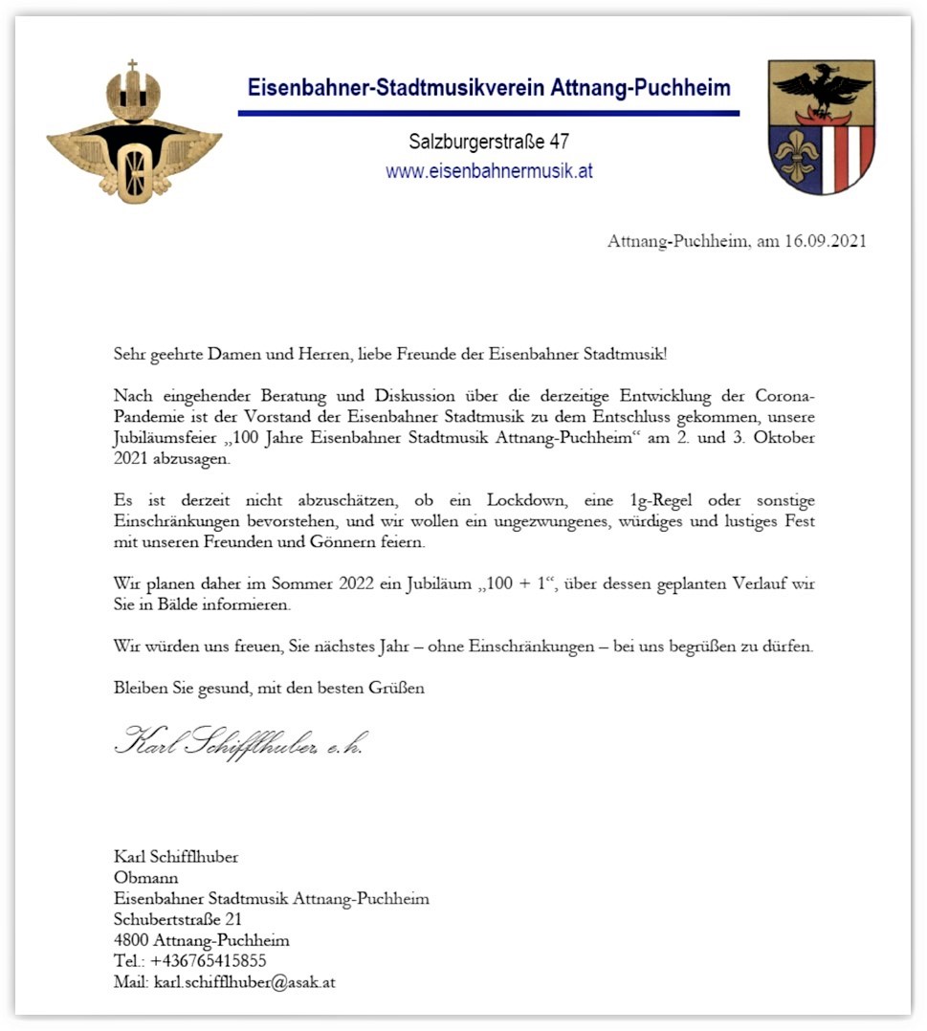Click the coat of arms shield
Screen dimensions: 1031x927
(x=821, y=126)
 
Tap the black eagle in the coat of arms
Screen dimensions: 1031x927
(x=821, y=90)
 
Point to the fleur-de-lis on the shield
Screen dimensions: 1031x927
(x=794, y=156)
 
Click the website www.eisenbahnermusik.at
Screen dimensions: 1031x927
(x=489, y=172)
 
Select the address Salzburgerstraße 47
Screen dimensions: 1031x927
(x=489, y=143)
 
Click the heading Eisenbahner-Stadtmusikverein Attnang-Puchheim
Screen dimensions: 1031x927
(x=489, y=89)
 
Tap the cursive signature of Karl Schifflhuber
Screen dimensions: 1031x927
(x=239, y=741)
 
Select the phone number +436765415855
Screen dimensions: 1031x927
(x=208, y=961)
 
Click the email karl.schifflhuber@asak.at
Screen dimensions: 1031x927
(x=244, y=982)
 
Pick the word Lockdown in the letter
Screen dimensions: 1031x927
(x=524, y=501)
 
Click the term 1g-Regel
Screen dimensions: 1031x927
(x=673, y=501)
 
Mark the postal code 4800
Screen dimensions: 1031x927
(x=131, y=940)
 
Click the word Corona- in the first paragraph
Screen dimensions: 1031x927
(x=784, y=396)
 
